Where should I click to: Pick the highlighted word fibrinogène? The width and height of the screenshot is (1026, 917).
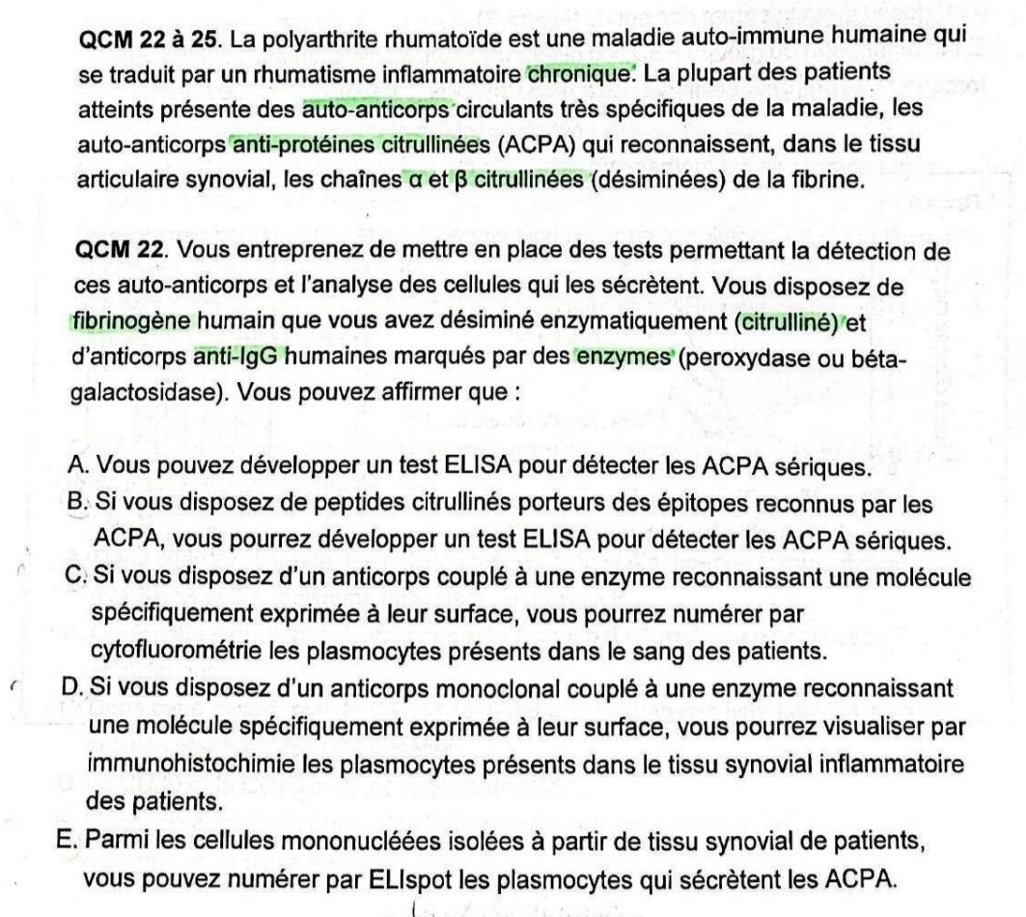click(132, 322)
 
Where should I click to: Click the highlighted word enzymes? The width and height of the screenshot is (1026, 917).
click(624, 357)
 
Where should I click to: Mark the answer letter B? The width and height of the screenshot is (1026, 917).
click(78, 503)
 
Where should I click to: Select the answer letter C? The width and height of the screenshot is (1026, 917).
click(78, 577)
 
